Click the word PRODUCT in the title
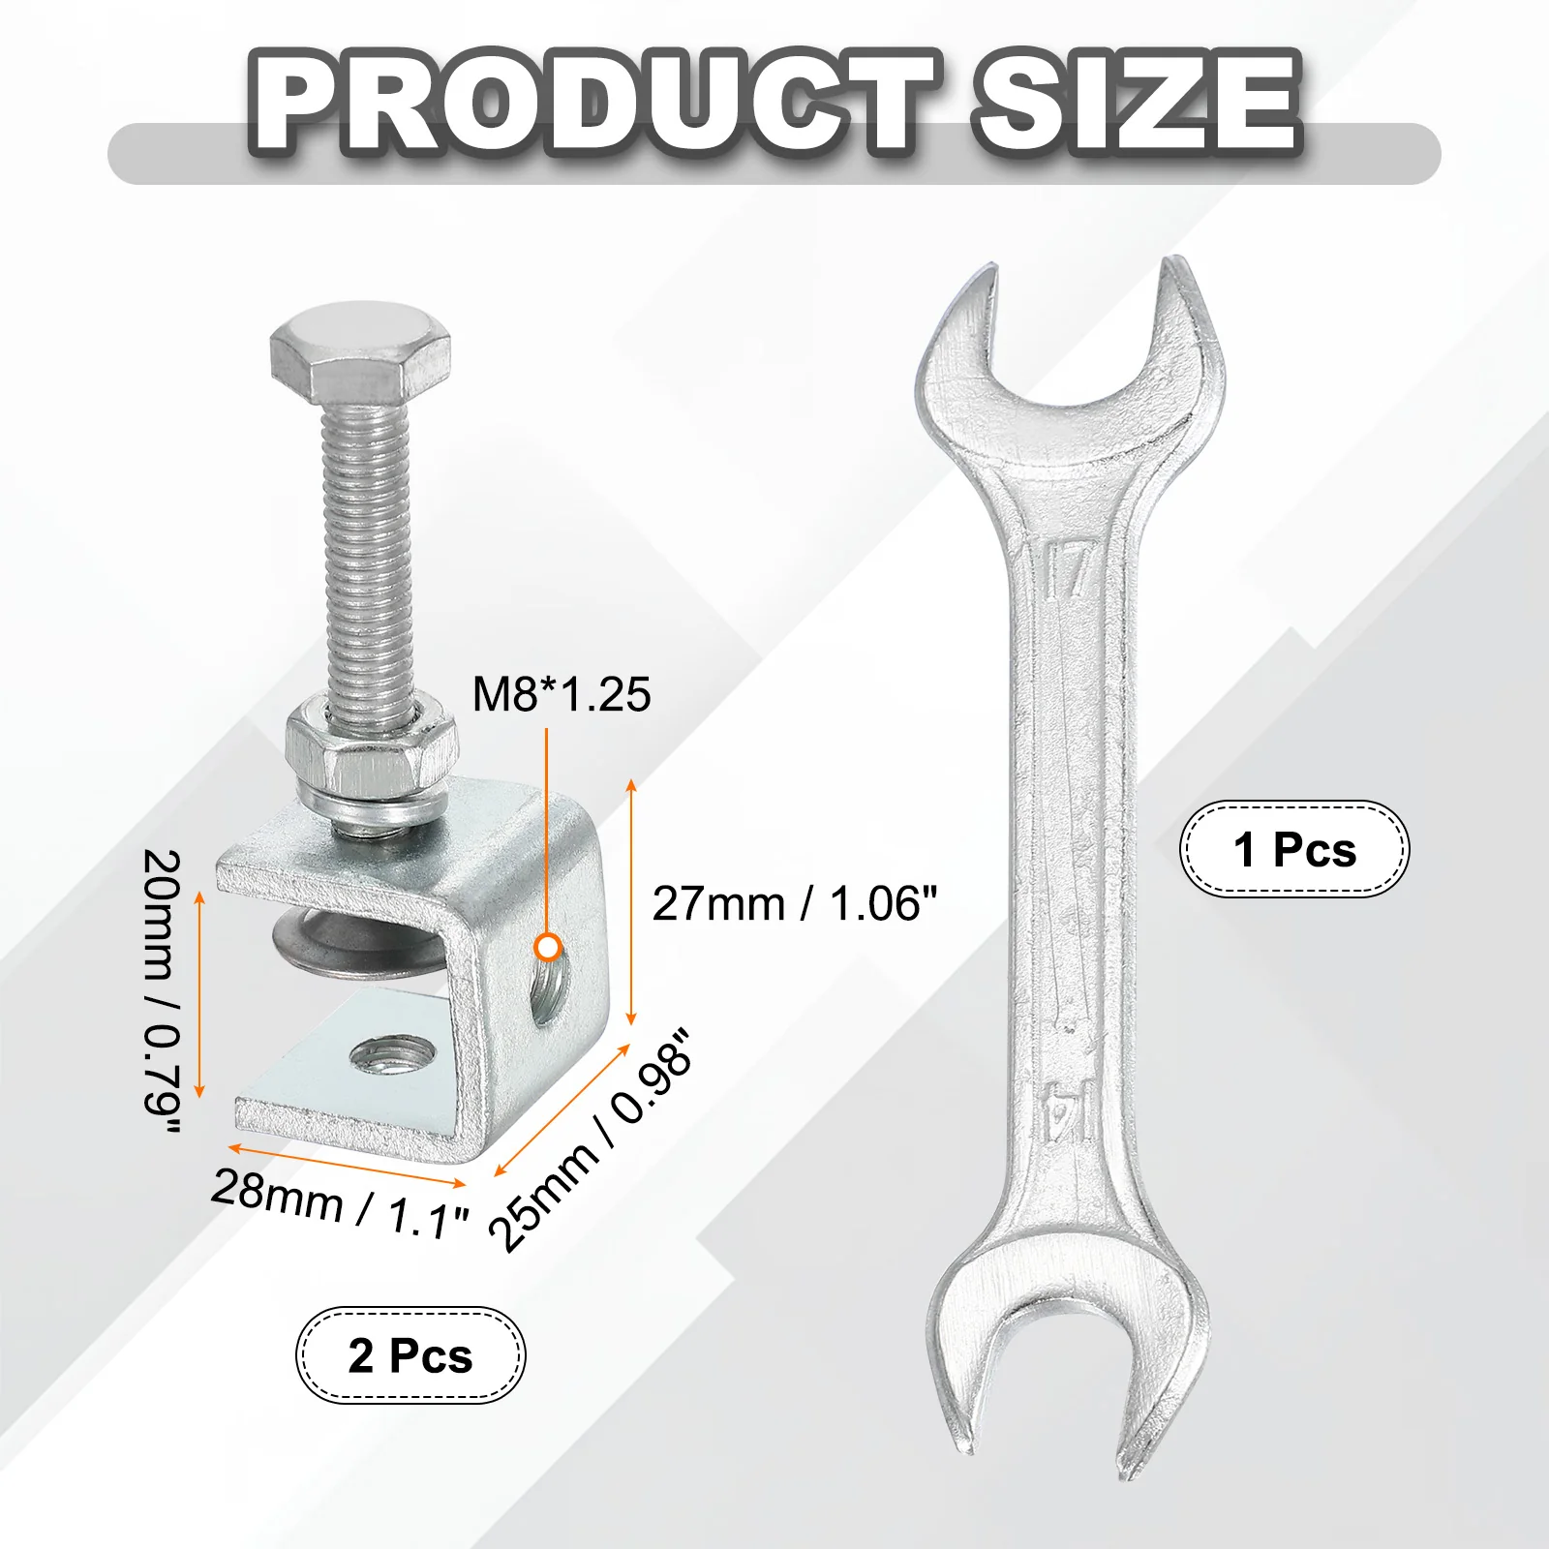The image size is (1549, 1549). pos(592,102)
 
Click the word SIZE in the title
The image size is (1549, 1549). pos(1138,102)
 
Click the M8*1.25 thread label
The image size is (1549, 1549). pos(562,694)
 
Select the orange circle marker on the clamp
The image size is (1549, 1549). pos(548,947)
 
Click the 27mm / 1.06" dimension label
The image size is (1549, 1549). pos(795,903)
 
